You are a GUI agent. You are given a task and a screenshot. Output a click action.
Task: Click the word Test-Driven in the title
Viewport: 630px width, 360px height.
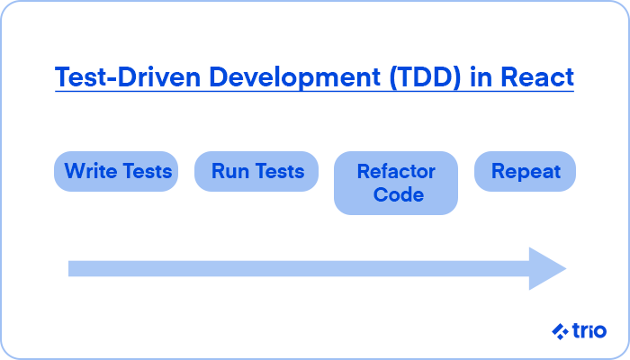click(128, 76)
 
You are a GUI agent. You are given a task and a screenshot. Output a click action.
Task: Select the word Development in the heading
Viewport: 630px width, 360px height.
click(294, 77)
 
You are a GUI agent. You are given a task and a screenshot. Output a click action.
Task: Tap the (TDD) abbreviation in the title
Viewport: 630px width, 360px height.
click(425, 77)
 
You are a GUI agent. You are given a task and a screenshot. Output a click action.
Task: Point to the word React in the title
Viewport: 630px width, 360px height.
click(537, 76)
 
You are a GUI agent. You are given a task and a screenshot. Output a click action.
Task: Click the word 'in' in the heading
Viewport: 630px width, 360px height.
click(481, 76)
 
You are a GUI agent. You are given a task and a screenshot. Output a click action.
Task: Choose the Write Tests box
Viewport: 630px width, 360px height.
click(116, 171)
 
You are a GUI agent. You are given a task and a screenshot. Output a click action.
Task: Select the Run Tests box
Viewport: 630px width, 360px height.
click(256, 171)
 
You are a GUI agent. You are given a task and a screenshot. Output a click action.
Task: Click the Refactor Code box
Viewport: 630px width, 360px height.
click(396, 183)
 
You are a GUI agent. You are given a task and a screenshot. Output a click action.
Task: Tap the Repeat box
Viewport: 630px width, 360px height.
click(525, 171)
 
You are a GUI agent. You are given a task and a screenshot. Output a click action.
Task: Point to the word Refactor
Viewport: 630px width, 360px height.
click(396, 172)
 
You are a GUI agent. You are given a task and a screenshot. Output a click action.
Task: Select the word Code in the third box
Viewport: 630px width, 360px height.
click(399, 195)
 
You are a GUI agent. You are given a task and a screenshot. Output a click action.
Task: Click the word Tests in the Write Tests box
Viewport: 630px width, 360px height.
click(147, 171)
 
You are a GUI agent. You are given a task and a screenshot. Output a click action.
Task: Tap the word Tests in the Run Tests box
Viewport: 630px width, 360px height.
click(280, 171)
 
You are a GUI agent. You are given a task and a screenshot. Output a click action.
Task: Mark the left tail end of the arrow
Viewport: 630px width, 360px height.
click(68, 269)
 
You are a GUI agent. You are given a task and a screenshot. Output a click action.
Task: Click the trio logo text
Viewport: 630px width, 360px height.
click(589, 331)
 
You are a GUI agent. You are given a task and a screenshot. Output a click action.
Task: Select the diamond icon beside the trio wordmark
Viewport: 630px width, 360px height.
click(560, 331)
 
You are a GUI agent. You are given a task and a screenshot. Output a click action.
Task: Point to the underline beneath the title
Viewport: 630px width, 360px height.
click(315, 92)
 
